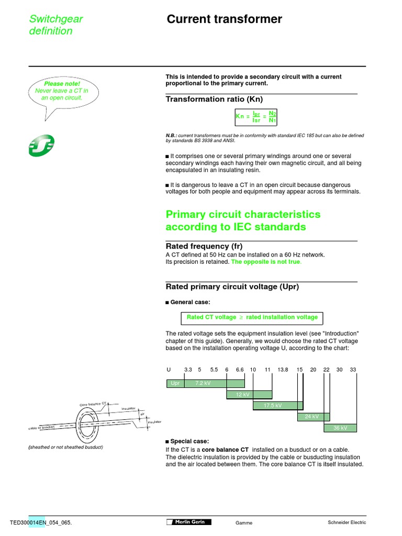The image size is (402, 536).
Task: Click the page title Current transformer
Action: [224, 19]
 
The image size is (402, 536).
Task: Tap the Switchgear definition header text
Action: [55, 25]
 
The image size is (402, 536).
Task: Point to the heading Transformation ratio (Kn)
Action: [214, 99]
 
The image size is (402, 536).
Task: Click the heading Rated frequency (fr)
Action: [204, 246]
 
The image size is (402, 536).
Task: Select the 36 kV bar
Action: [340, 428]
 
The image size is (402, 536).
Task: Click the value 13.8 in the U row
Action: [283, 370]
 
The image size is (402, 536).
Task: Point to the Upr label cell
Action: [175, 384]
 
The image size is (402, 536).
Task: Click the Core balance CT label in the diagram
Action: [93, 404]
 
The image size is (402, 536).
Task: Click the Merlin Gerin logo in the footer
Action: [189, 522]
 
